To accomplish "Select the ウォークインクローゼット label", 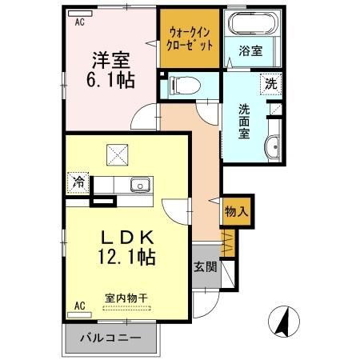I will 190,38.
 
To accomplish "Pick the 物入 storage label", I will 236,212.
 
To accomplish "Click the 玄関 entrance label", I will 204,267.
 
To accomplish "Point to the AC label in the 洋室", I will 80,23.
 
